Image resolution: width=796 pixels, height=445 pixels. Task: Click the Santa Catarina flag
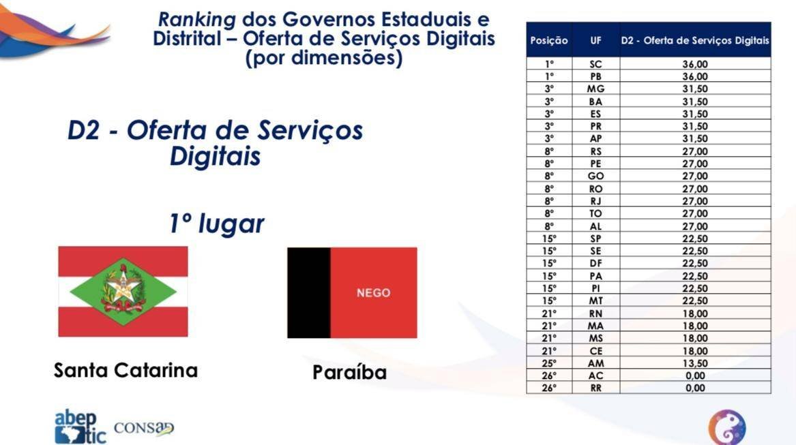pos(123,292)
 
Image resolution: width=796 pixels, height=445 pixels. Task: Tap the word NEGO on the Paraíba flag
pos(373,293)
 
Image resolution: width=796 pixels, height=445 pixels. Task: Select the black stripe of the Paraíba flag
pos(308,293)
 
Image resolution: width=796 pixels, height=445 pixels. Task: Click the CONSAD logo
pos(144,429)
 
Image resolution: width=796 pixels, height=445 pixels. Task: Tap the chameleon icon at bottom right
pos(726,427)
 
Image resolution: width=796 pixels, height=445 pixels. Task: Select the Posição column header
pos(549,40)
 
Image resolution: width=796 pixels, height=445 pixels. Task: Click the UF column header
pos(595,40)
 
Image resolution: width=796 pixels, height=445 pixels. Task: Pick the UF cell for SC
pos(595,64)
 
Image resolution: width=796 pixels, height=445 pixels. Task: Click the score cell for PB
pos(695,76)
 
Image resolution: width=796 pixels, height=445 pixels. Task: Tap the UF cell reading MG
pos(595,89)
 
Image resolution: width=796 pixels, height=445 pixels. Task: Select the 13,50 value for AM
pos(695,363)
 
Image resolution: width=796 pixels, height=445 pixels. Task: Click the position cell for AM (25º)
pos(549,363)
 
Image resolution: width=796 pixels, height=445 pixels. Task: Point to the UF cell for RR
pos(595,388)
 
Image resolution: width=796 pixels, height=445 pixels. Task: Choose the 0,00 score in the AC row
pos(695,375)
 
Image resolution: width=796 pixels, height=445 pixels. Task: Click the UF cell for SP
pos(595,239)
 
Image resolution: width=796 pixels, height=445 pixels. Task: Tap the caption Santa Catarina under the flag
pos(126,371)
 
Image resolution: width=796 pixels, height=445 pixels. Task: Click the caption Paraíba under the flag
pos(349,373)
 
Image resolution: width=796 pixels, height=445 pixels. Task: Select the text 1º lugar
pos(216,224)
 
